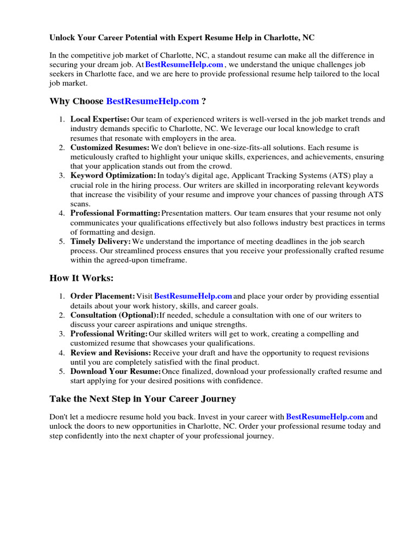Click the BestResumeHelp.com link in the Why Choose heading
[153, 101]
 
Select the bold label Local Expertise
[100, 119]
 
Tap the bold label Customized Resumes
[110, 147]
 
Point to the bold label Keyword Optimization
[113, 176]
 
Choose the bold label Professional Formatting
[115, 214]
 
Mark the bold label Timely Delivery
[100, 242]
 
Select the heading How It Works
[82, 278]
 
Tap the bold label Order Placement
[103, 296]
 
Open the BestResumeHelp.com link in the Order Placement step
[193, 296]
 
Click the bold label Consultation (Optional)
[114, 315]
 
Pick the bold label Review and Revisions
[111, 353]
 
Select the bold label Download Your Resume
[115, 372]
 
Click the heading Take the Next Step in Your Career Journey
[143, 399]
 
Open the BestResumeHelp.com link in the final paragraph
[325, 417]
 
